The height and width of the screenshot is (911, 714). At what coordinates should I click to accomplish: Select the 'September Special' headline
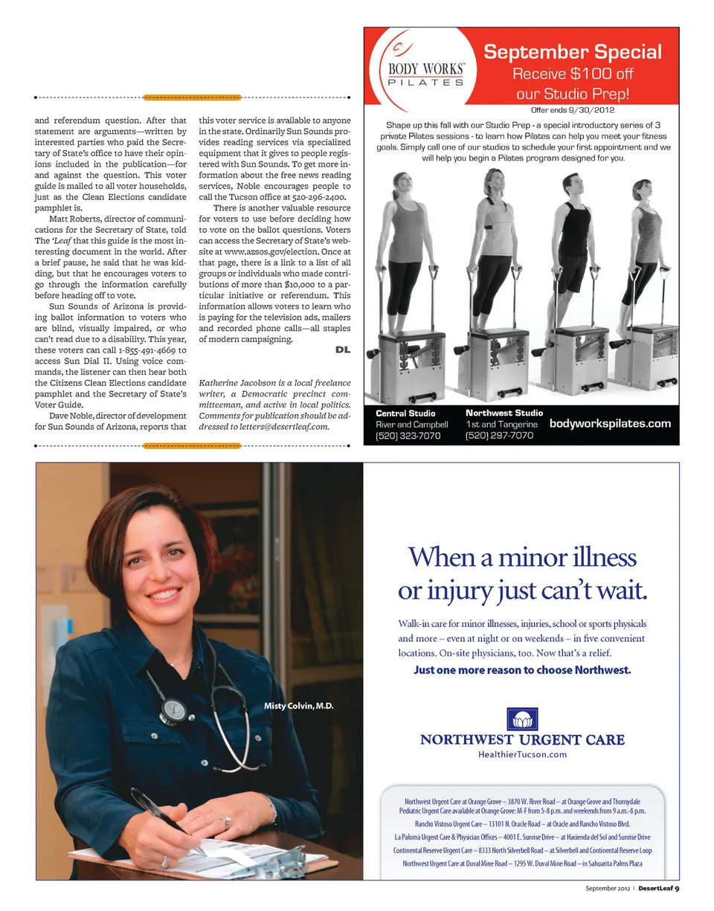click(573, 52)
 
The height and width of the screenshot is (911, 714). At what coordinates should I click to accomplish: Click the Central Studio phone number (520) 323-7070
click(408, 436)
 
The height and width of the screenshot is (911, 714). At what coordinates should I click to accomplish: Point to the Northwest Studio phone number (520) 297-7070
click(499, 436)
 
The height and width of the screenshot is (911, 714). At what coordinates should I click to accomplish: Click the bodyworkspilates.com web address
click(610, 424)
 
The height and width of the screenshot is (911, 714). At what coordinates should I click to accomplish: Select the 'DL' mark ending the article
click(343, 350)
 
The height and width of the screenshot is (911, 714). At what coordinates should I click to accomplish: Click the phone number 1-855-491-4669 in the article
click(152, 350)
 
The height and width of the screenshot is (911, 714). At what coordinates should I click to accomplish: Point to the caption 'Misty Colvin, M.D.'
click(299, 706)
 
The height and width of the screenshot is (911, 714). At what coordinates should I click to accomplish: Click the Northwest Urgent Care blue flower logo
click(522, 719)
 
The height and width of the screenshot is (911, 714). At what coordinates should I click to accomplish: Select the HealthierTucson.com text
click(522, 754)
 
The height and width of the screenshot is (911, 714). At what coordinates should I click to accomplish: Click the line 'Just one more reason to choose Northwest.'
click(522, 670)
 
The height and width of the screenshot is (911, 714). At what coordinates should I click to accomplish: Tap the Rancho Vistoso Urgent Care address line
click(522, 824)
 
